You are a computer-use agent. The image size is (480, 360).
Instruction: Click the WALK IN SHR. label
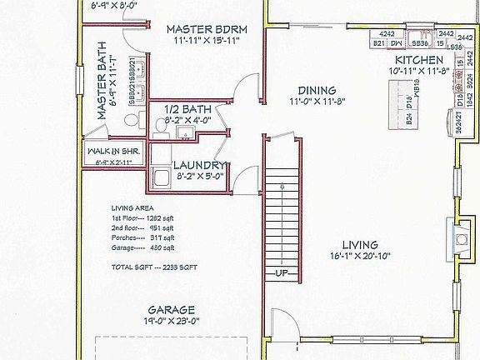coord(114,152)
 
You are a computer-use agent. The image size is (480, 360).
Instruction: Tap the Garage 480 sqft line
coord(143,247)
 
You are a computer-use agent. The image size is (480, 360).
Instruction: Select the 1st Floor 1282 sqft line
coord(143,217)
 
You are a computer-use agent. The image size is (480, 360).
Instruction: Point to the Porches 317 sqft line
coord(143,237)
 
